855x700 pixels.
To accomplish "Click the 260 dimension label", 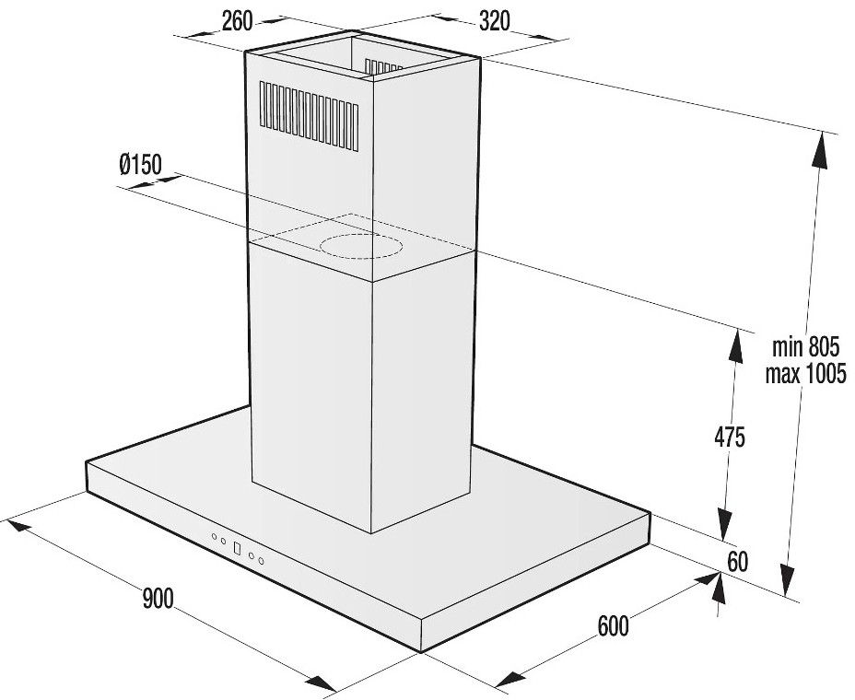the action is (238, 20).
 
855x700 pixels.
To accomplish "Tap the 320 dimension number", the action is (495, 21).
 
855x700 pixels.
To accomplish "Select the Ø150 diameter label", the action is (141, 164).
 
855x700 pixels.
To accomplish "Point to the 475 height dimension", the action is (730, 437).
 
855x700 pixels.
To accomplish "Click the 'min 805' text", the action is (806, 346).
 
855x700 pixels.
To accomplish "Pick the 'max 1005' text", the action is (806, 374).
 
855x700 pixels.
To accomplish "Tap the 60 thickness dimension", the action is (738, 562).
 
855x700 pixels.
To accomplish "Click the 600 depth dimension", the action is (613, 626).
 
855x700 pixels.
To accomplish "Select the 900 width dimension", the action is (158, 599).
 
